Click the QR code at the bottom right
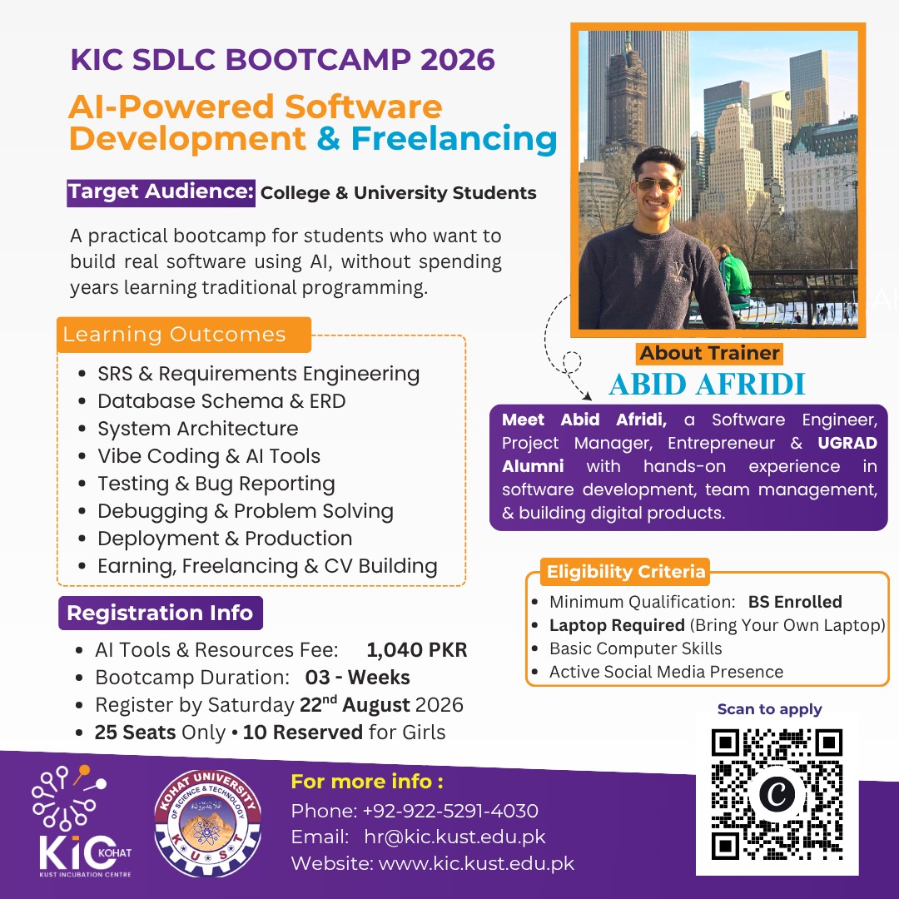click(x=777, y=794)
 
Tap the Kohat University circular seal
click(x=207, y=823)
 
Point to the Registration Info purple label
click(x=161, y=613)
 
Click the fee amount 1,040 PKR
click(x=417, y=649)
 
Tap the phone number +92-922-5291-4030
click(x=450, y=811)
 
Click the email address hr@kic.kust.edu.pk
click(x=454, y=837)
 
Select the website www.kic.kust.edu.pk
click(x=476, y=863)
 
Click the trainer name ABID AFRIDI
click(x=707, y=384)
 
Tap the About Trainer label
click(x=709, y=353)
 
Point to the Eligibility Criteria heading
click(x=625, y=572)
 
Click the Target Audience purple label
click(x=161, y=192)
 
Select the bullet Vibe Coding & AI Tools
click(x=209, y=456)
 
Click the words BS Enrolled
click(x=795, y=602)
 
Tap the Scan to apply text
click(x=769, y=709)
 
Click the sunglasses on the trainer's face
click(x=658, y=185)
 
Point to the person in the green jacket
click(x=731, y=277)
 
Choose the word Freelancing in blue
click(x=454, y=139)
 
